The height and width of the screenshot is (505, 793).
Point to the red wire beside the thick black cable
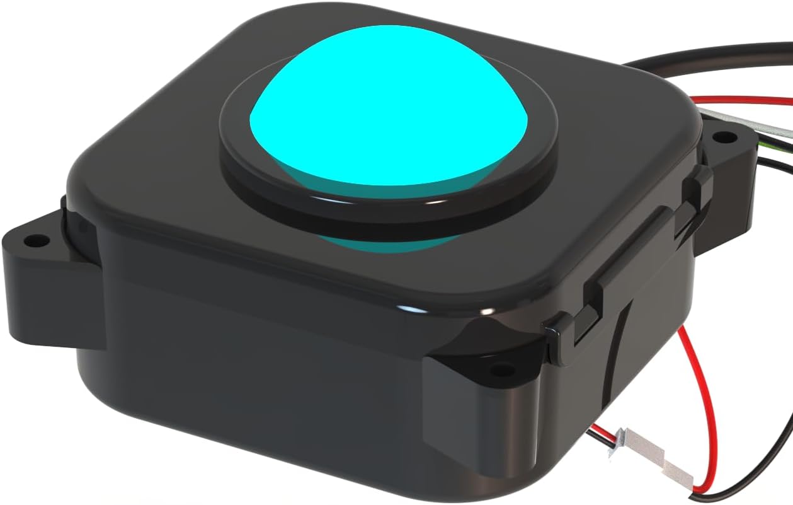pyautogui.click(x=743, y=100)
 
